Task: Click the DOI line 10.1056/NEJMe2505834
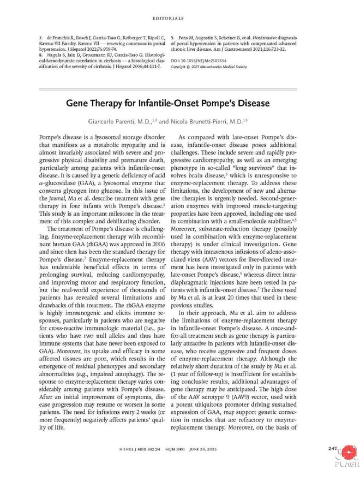pos(205,60)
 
